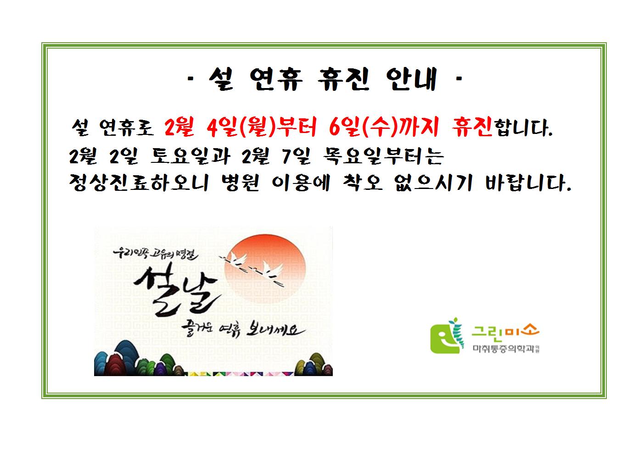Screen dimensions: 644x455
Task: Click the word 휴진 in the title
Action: [x=343, y=79]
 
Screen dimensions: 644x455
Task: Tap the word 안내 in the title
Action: [x=412, y=79]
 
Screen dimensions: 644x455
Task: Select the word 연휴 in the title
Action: [x=276, y=79]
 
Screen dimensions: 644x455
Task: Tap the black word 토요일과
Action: [x=190, y=156]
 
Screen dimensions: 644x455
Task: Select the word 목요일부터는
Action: [x=383, y=156]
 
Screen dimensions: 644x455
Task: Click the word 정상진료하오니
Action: [x=139, y=183]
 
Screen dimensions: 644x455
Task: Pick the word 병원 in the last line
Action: [x=241, y=183]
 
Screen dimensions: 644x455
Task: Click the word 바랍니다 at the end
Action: [x=527, y=183]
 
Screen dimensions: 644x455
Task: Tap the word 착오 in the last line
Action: [x=363, y=183]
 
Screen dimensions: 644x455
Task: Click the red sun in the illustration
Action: [x=265, y=269]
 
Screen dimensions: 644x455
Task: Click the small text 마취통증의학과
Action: [x=503, y=349]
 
